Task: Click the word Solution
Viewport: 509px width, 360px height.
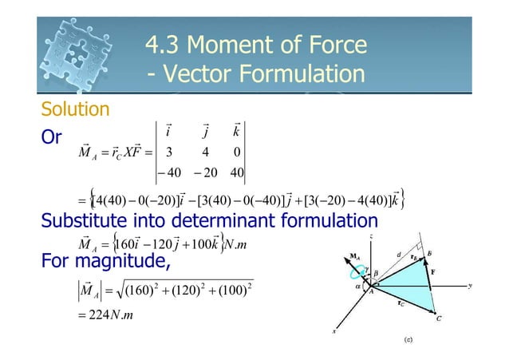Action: [x=75, y=108]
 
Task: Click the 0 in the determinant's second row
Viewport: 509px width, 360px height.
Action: [x=237, y=151]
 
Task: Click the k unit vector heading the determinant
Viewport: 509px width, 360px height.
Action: [x=237, y=131]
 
